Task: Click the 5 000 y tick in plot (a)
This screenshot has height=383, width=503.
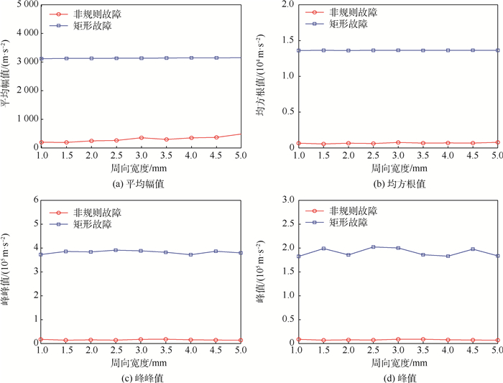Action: point(24,4)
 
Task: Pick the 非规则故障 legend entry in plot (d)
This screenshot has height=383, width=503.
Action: point(348,211)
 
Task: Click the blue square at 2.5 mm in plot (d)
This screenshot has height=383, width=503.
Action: point(373,246)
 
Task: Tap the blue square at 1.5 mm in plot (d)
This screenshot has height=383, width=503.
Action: point(323,248)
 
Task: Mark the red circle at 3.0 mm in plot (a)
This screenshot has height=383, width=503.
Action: point(142,137)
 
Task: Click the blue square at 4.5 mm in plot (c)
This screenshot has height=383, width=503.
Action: point(216,251)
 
